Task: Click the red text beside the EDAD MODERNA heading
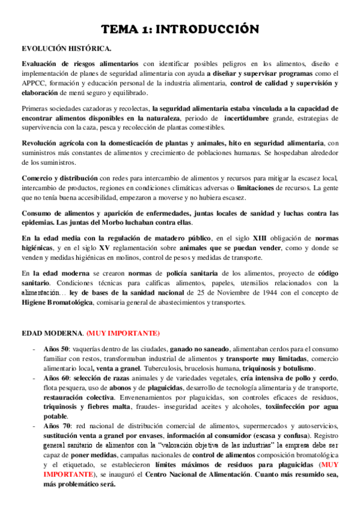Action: pyautogui.click(x=123, y=333)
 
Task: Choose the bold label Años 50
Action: pyautogui.click(x=57, y=349)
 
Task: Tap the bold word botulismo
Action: pyautogui.click(x=296, y=368)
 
